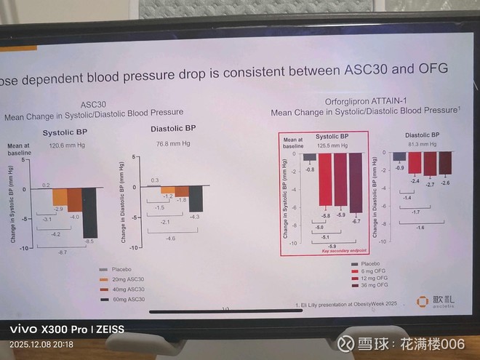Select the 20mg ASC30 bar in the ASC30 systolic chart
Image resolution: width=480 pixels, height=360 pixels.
[59, 196]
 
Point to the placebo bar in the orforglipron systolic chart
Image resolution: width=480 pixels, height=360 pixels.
[310, 157]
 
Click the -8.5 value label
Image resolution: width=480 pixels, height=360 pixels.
[89, 241]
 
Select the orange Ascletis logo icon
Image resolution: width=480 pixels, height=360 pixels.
[422, 301]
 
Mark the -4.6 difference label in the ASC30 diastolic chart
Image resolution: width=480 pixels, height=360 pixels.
[170, 239]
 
